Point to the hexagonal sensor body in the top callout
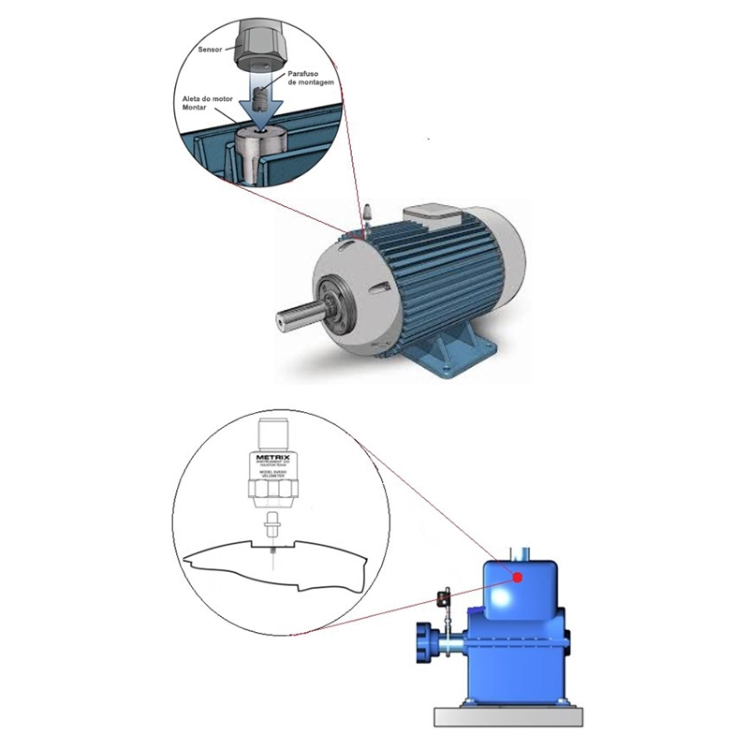point(257,43)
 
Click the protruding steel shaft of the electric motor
point(299,314)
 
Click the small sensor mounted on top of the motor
point(368,211)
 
